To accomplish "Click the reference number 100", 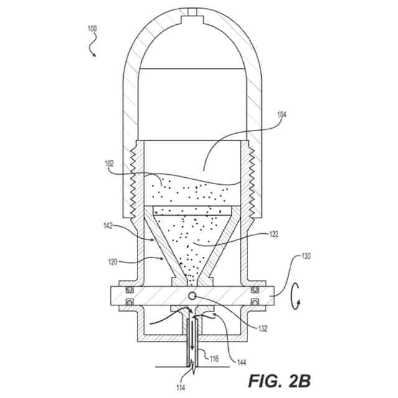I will pyautogui.click(x=91, y=29).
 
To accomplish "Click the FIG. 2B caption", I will pyautogui.click(x=281, y=379).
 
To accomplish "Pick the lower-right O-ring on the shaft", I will pyautogui.click(x=256, y=303).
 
